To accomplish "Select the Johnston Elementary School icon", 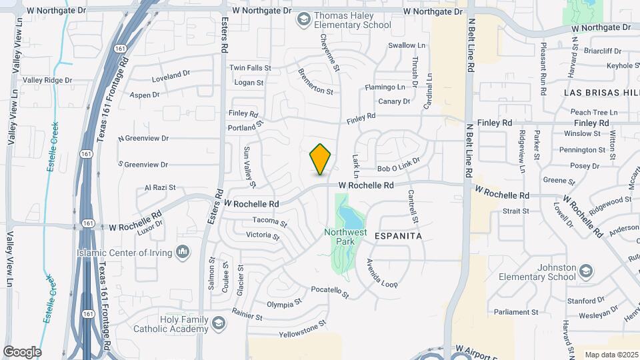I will pos(585,271).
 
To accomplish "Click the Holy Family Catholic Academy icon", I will pos(218,324).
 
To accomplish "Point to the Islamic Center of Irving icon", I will pos(183,251).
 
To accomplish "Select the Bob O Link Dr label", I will pos(399,165).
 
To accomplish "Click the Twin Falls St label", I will pos(250,68).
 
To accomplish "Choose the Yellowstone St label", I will pos(303,328).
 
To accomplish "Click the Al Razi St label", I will pos(160,189).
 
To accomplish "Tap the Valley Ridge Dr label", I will pos(47,80).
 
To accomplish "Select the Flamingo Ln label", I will pos(385,87).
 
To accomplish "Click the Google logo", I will pos(22,351).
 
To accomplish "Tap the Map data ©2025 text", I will pos(611,355).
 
